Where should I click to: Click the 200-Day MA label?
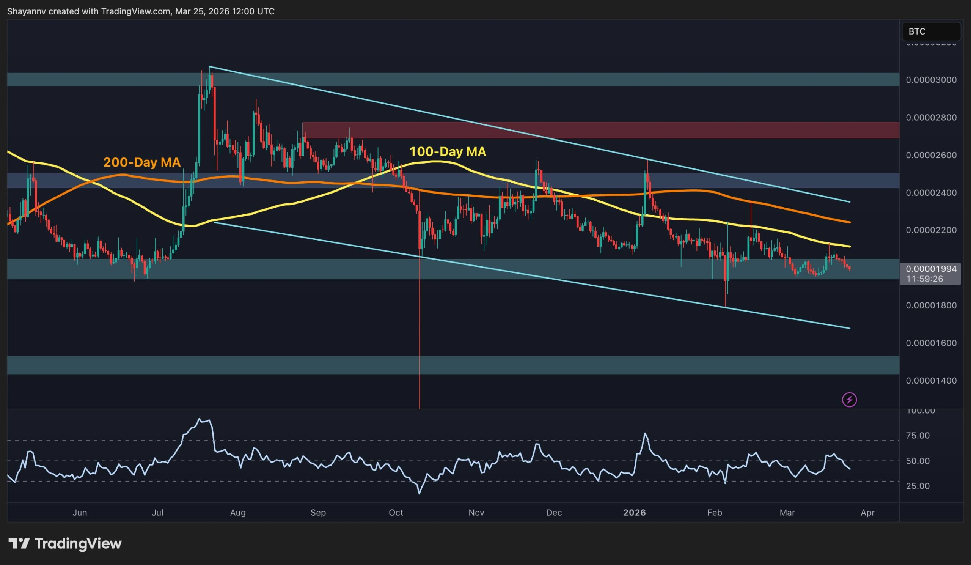click(x=142, y=162)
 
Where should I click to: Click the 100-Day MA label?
click(x=447, y=151)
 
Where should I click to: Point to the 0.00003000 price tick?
click(x=930, y=80)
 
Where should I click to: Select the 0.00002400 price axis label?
click(x=930, y=193)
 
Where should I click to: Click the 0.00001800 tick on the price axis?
click(x=930, y=305)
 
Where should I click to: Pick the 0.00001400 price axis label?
click(x=930, y=380)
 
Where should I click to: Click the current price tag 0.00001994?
click(x=930, y=269)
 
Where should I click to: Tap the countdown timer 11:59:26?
click(x=924, y=279)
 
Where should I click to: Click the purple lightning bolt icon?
click(x=849, y=400)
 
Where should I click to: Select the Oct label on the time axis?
click(x=396, y=513)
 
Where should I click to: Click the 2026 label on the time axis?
click(x=634, y=513)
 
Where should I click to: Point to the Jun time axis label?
click(x=80, y=513)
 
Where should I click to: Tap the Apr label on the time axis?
click(x=868, y=513)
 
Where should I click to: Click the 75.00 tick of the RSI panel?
click(x=918, y=436)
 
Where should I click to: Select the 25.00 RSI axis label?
click(x=918, y=486)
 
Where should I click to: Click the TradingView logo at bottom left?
click(x=65, y=543)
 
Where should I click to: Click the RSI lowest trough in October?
click(x=419, y=493)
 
